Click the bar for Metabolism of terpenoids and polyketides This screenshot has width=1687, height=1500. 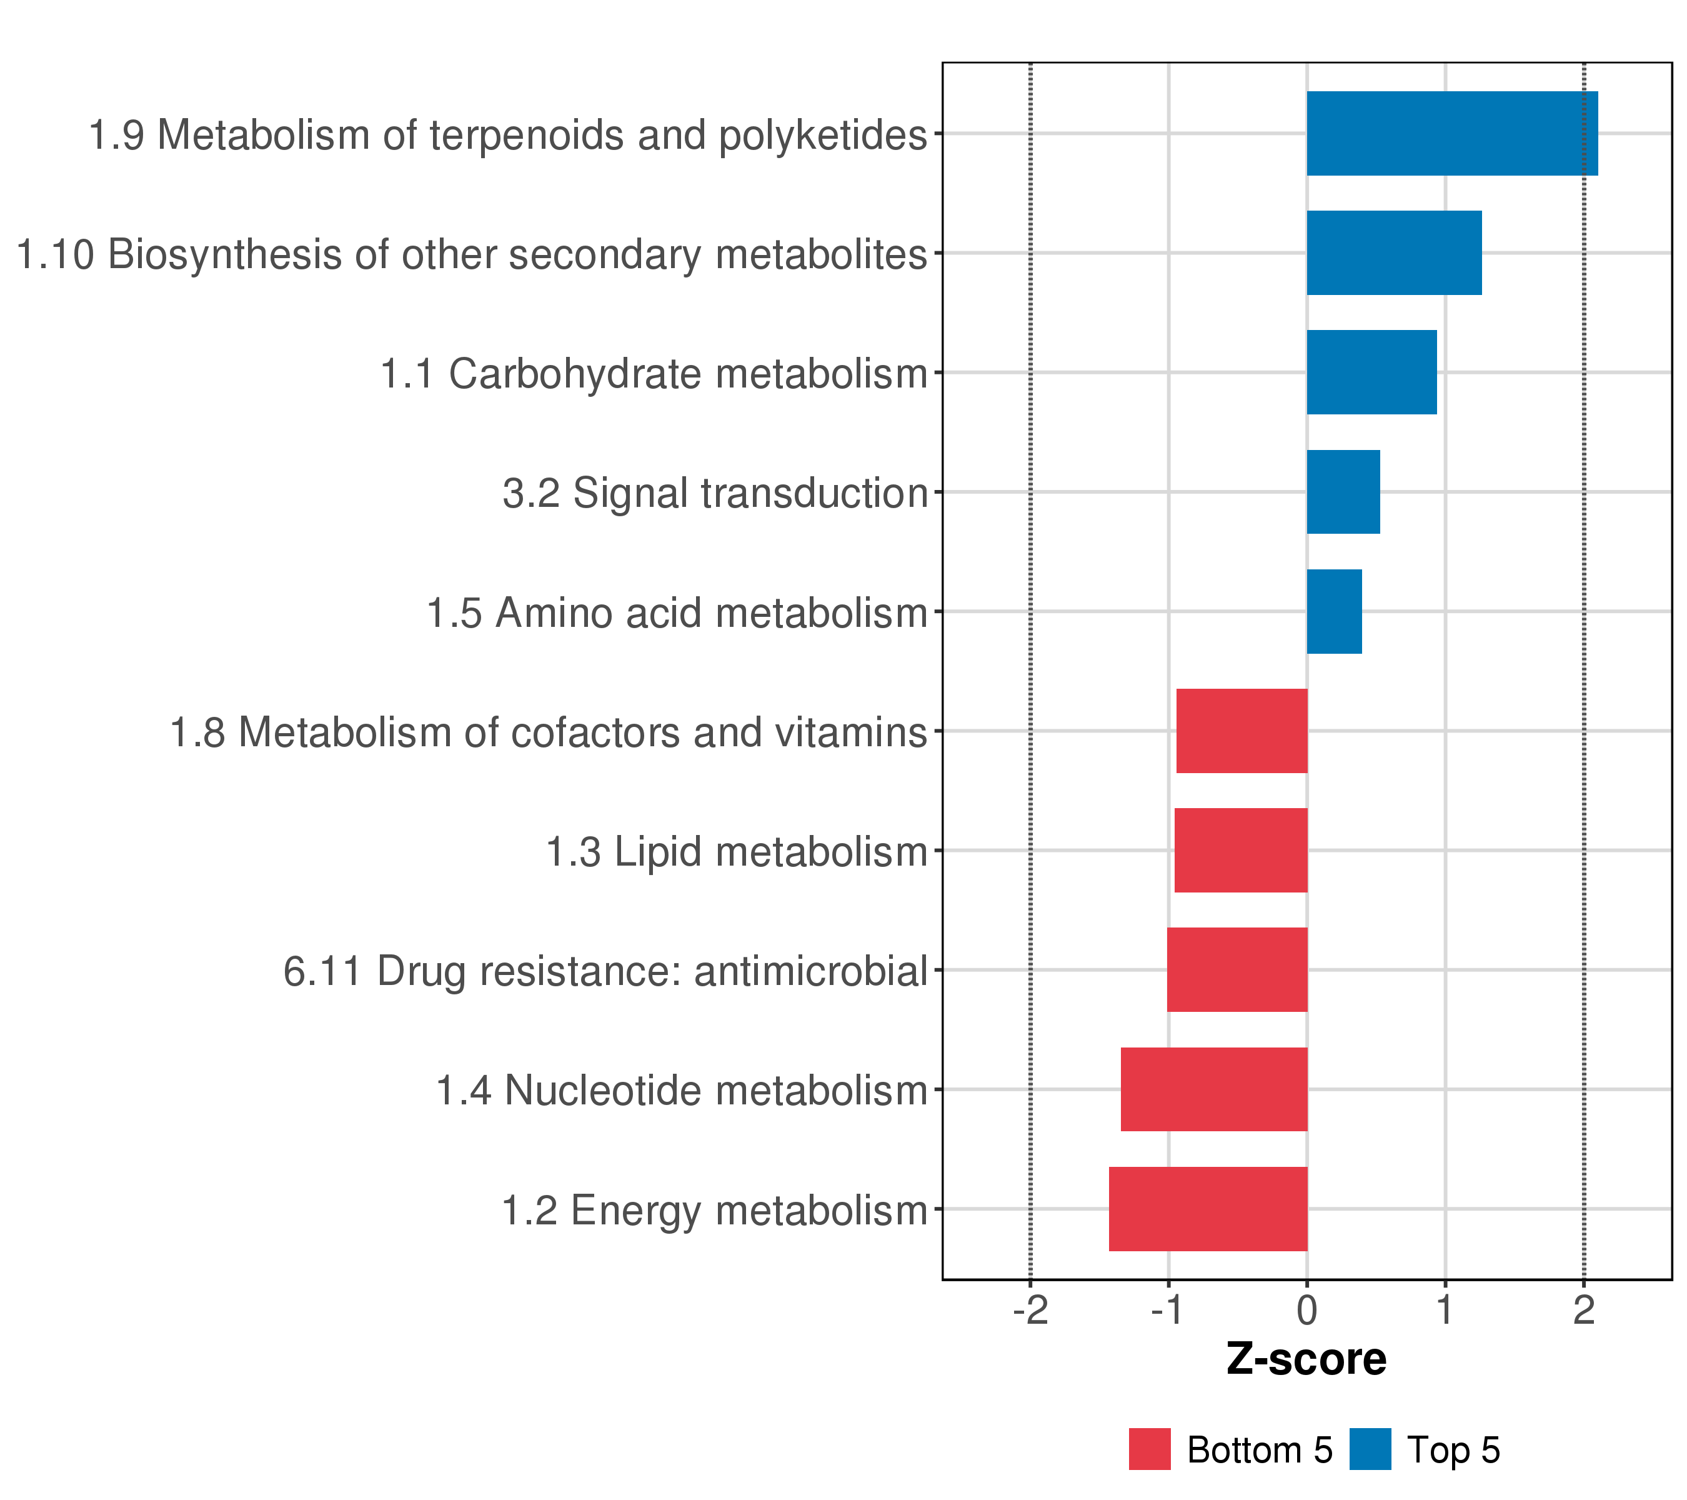(1452, 133)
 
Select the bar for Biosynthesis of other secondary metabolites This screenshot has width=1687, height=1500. (1394, 252)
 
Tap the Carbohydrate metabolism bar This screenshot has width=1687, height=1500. (1371, 372)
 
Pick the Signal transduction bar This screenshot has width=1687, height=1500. (1343, 492)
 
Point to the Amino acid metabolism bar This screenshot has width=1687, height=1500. (1334, 612)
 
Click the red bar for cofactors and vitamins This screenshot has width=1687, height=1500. (1242, 731)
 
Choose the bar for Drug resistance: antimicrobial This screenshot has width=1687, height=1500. (1237, 970)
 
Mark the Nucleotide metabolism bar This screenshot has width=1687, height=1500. (1214, 1090)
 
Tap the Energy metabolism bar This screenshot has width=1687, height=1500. (1208, 1209)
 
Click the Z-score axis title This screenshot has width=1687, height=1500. (1306, 1359)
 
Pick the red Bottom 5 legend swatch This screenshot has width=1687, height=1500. (1150, 1449)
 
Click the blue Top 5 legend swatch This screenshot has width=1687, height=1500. (1370, 1449)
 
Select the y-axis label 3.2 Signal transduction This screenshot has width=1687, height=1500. (715, 494)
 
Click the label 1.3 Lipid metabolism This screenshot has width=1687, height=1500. (737, 852)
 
